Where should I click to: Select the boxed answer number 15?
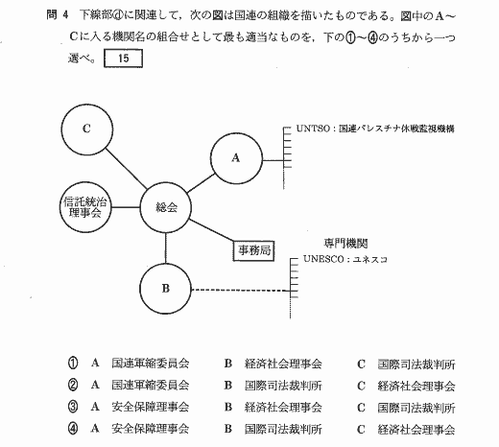tap(123, 59)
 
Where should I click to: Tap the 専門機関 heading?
tap(345, 244)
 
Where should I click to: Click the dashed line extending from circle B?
tap(241, 291)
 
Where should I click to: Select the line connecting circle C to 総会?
tap(127, 169)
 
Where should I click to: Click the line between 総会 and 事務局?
tap(211, 230)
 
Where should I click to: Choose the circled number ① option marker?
tap(73, 364)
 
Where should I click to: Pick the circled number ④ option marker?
tap(73, 429)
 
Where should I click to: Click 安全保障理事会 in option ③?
tap(151, 407)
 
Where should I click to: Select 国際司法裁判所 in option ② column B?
tap(283, 386)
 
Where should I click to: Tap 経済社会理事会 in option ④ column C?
tap(416, 429)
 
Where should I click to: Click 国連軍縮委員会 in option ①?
tap(151, 364)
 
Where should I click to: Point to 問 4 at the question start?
tap(58, 14)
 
